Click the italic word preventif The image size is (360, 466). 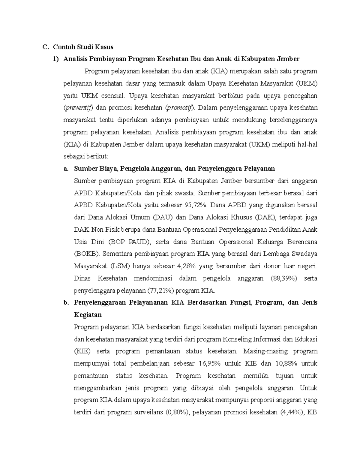click(x=79, y=108)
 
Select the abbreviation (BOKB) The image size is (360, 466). click(x=87, y=254)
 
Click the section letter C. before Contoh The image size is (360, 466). click(x=45, y=47)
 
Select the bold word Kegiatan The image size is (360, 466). click(x=88, y=315)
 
